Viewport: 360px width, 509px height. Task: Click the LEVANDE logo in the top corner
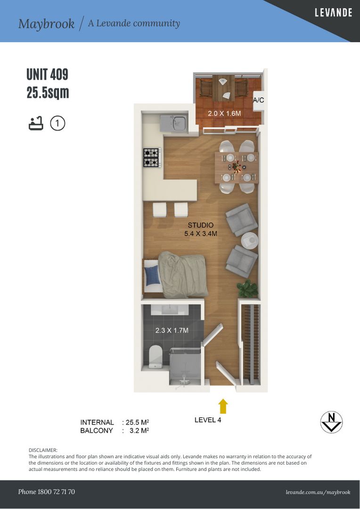click(334, 13)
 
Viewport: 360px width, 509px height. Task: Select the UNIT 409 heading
click(48, 74)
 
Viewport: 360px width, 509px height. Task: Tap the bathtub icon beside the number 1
click(36, 123)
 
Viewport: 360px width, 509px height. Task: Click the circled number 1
click(58, 123)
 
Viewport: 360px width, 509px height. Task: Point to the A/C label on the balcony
click(258, 100)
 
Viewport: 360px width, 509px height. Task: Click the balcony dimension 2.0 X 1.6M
click(224, 114)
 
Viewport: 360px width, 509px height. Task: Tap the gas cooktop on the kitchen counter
click(151, 157)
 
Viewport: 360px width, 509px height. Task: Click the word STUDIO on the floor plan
click(201, 225)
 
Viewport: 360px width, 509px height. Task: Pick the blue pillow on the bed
click(153, 276)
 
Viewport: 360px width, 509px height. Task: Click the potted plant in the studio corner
click(248, 288)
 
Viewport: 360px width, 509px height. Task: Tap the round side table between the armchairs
click(249, 240)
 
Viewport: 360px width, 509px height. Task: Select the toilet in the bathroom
click(155, 356)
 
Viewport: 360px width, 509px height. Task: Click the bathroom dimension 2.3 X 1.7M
click(172, 330)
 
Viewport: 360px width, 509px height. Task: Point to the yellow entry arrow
click(223, 406)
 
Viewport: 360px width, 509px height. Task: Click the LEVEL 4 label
click(208, 420)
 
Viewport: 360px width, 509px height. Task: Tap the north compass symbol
click(331, 422)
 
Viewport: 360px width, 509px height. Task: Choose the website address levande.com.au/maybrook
click(318, 492)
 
